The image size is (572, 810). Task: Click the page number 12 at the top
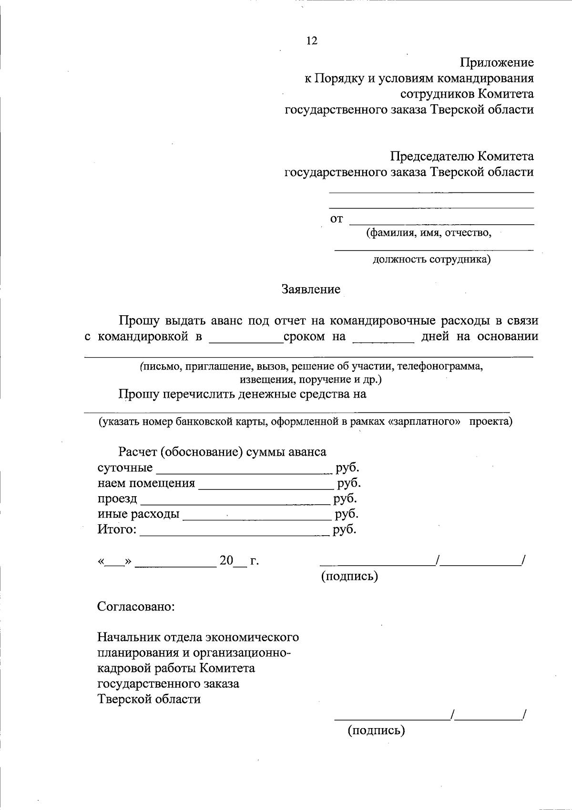click(x=311, y=41)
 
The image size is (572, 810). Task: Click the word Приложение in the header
click(x=497, y=62)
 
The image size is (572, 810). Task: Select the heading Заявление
click(x=311, y=289)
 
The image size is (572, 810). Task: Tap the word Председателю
click(x=432, y=156)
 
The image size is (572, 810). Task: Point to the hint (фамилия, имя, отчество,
click(x=429, y=233)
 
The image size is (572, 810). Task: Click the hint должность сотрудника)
click(x=431, y=260)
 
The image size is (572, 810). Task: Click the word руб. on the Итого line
click(x=345, y=530)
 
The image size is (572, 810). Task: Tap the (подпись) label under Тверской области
click(x=376, y=730)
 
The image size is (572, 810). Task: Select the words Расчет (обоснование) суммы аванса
click(x=223, y=451)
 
